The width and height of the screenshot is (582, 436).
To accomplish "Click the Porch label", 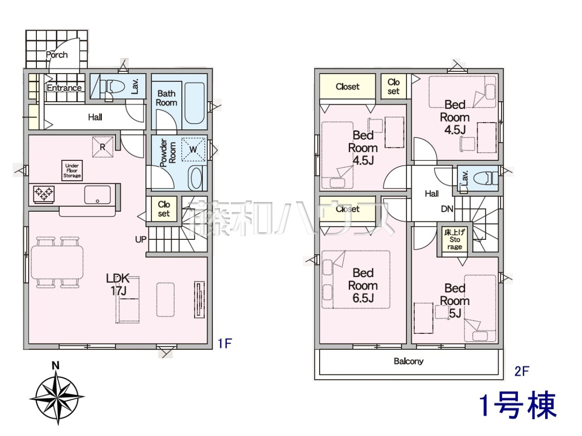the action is tap(57, 55).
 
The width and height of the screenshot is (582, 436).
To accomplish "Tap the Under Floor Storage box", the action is tap(72, 171).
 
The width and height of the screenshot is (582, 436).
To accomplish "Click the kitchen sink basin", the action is tap(97, 195).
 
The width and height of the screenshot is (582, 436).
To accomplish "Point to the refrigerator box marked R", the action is tap(103, 147).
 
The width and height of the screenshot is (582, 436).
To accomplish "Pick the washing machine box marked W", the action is tap(193, 150).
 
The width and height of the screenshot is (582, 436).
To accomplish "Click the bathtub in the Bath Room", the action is tap(194, 103).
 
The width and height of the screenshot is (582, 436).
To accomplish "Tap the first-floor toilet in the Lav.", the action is tap(114, 87).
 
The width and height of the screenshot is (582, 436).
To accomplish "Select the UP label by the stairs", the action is tap(141, 240).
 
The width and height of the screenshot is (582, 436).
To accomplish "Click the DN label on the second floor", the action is tap(447, 209).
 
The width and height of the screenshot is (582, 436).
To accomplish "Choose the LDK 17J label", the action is tap(118, 284).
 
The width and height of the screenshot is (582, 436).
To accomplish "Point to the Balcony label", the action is tap(408, 361).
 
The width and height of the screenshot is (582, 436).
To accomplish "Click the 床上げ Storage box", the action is tap(454, 240).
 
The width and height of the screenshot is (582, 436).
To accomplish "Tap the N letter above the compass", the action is tap(55, 366).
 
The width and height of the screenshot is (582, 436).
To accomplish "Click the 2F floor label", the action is tap(521, 372).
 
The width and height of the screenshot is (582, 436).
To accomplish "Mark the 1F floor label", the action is tap(225, 343).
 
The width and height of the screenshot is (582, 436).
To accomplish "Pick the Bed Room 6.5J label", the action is tap(363, 286).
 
